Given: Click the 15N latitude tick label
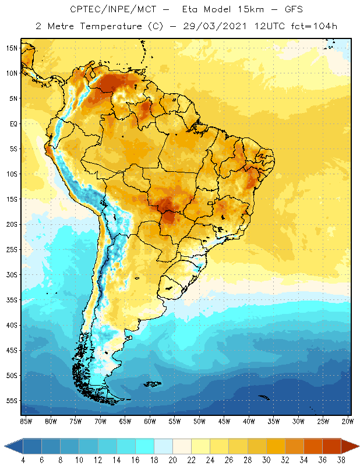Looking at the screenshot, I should tap(12, 48).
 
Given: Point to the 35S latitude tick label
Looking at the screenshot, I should tap(12, 300).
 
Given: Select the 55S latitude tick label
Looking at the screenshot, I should tap(12, 401).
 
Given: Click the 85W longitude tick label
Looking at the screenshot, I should tap(26, 421).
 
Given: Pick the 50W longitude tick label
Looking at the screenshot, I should tap(199, 421).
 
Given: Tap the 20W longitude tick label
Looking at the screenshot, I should tap(348, 421).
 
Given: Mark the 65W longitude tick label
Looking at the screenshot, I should tap(125, 421).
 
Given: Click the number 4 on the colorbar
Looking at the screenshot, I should tap(23, 460).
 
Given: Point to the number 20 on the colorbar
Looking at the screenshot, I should tap(172, 460).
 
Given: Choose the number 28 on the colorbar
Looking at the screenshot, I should tap(247, 460).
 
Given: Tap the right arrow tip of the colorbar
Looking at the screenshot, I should tap(358, 446).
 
